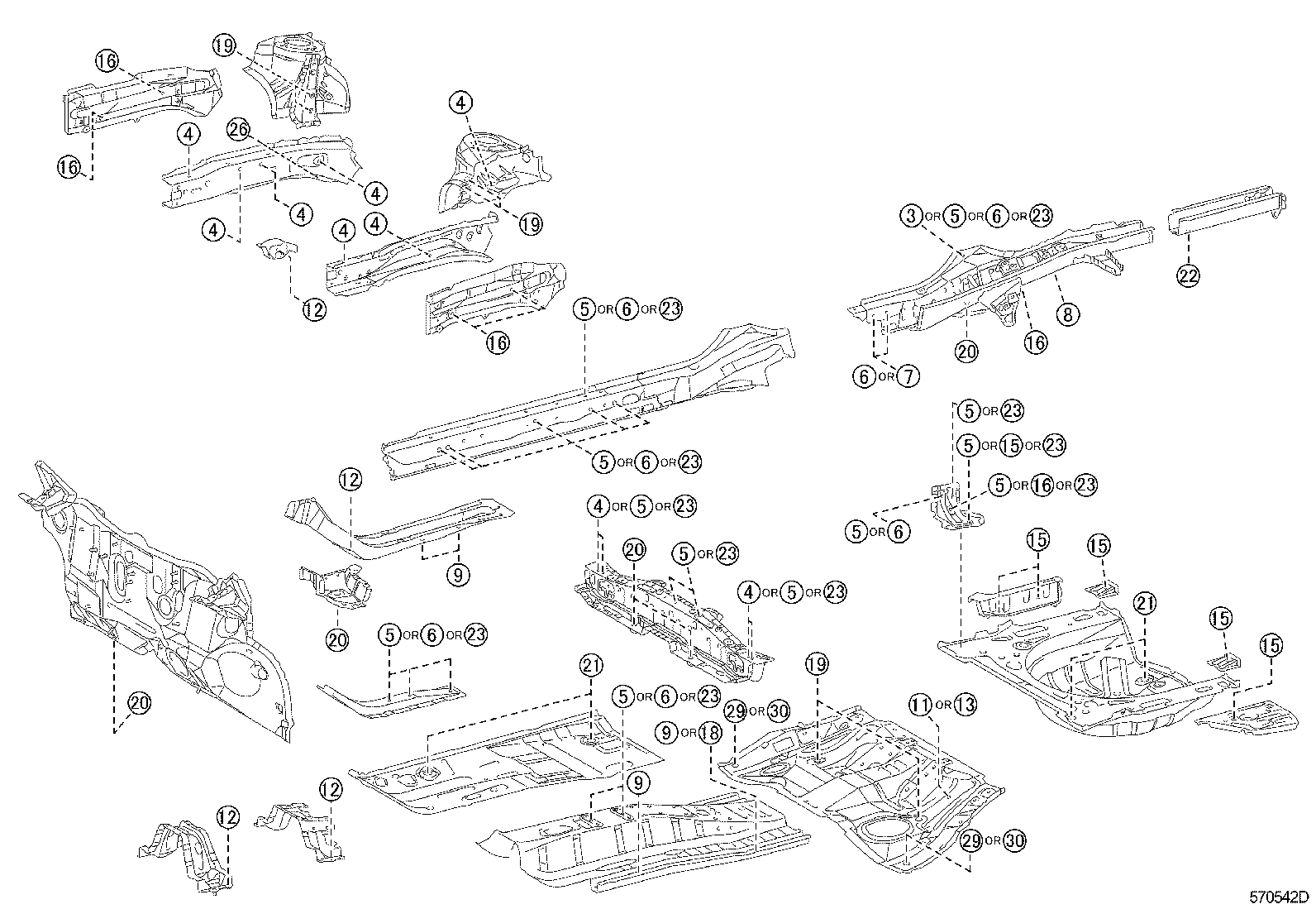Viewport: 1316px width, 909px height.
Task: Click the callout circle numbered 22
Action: coord(1188,276)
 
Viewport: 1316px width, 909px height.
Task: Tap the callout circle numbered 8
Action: coord(1067,314)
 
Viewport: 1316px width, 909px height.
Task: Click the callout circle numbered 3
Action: coord(911,216)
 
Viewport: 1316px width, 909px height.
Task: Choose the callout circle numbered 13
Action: coord(965,706)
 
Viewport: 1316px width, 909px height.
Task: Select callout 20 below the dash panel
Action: coord(139,704)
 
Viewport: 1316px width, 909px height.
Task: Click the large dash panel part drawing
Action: coord(157,604)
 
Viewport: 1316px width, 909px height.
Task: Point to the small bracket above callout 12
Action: coord(276,250)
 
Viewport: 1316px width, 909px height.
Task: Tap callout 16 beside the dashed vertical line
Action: coord(69,167)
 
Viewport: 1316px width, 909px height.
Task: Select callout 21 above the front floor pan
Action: coord(592,666)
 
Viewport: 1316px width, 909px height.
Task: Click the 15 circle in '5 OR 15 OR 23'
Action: coord(1011,445)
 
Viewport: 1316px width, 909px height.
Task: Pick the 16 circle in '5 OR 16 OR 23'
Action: coord(1042,486)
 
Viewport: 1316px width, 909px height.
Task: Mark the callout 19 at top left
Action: coord(224,45)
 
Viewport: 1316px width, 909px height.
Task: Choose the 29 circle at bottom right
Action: coord(972,841)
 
